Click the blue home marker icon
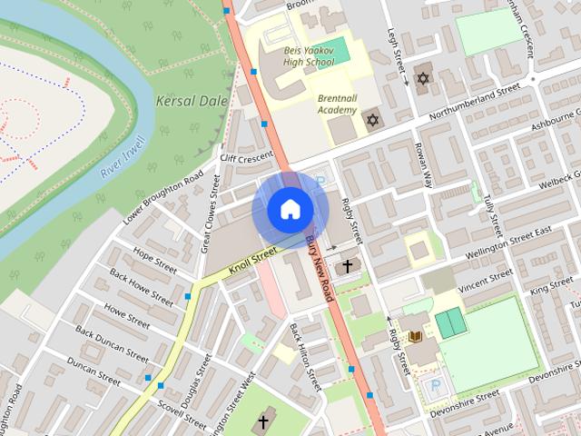(290, 210)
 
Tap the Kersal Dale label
(189, 100)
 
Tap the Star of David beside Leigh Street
(421, 78)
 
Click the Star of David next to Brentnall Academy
(371, 120)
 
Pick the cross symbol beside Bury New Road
(346, 267)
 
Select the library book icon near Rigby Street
(416, 338)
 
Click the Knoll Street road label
(251, 264)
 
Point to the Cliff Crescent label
(247, 160)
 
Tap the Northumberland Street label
(474, 100)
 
